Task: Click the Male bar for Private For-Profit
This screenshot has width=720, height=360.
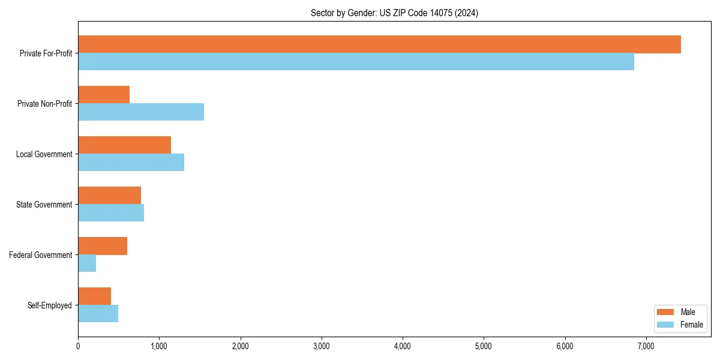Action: [379, 44]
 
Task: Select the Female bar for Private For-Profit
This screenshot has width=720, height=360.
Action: [356, 62]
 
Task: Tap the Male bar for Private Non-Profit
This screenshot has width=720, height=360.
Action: [104, 95]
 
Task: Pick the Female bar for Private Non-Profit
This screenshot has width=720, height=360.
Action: [141, 112]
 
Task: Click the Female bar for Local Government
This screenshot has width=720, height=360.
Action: [131, 163]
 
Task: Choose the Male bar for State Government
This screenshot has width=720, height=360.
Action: [109, 196]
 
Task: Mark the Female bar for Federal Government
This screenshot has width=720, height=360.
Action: [87, 263]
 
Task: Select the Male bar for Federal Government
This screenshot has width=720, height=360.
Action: [103, 246]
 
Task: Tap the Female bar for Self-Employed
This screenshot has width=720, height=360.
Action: [98, 314]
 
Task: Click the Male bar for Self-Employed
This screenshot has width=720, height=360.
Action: [94, 296]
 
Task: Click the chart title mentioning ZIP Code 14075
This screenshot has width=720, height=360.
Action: [394, 13]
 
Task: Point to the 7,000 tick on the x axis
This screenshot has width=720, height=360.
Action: [646, 346]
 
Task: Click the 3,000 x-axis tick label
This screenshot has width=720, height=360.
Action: [322, 346]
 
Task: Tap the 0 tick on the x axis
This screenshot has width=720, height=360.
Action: [78, 346]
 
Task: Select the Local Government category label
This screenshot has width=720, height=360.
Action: [44, 154]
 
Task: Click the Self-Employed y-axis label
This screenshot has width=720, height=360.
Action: [49, 305]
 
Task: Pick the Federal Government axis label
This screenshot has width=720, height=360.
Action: [40, 255]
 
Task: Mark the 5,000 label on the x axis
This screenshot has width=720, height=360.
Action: [484, 346]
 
